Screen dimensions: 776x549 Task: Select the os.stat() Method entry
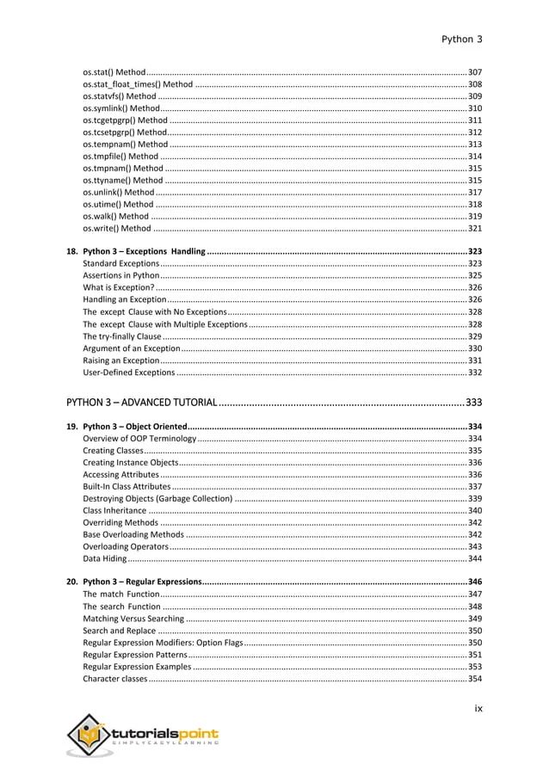click(x=114, y=71)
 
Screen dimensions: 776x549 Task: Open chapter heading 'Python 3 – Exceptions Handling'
click(x=144, y=251)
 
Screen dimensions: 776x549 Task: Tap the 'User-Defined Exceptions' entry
click(x=128, y=373)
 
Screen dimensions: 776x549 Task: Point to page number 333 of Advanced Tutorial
click(x=473, y=403)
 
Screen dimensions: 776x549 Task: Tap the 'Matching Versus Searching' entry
click(x=133, y=619)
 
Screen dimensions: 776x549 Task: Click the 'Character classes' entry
click(x=114, y=679)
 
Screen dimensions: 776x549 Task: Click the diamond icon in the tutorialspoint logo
click(x=89, y=736)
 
